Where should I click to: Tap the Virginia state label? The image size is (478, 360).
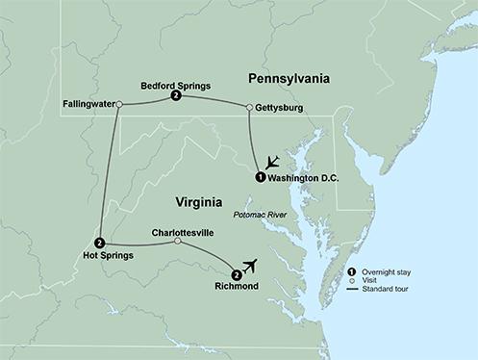205,201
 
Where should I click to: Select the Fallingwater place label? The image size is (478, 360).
86,101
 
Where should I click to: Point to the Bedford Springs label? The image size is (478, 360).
175,84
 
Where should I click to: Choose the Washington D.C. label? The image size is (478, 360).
306,178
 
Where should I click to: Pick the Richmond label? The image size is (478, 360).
236,286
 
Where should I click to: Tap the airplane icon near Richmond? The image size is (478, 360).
255,264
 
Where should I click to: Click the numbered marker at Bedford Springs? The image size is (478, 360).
174,96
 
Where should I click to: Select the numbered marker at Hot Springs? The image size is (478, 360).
100,242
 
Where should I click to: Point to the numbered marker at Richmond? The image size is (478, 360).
237,273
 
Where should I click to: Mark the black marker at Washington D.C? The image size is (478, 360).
260,177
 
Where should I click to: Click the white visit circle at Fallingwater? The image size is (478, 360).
119,102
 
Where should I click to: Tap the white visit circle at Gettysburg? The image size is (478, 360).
249,107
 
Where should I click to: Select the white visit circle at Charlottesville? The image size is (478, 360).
177,242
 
